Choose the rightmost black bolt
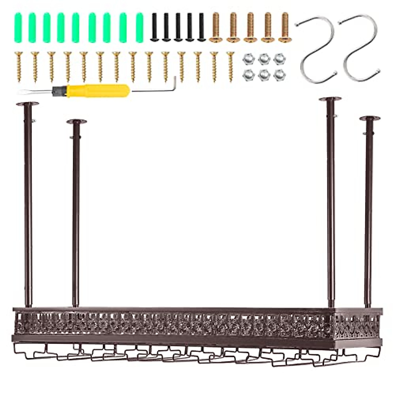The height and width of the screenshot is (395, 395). point(201,27)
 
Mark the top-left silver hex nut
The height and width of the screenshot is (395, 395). point(248,59)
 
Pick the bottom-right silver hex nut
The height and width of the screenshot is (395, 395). point(280,75)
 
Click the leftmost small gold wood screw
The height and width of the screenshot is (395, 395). point(18,66)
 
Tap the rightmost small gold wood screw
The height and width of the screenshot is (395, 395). point(230,66)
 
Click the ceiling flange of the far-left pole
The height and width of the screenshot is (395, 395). point(28,104)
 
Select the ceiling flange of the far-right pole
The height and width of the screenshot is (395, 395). point(370,118)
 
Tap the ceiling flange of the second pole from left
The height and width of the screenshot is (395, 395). point(76,122)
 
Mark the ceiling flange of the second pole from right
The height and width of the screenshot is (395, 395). point(330,99)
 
